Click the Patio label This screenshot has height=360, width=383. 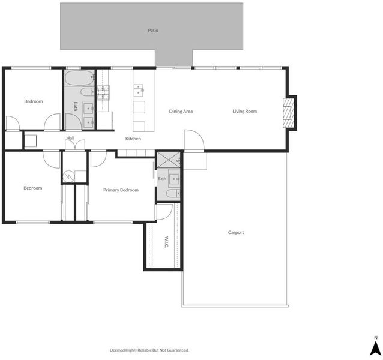coord(153,31)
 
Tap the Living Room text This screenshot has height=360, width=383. coord(244,111)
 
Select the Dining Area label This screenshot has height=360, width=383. coord(181,112)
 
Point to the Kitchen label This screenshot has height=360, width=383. coord(133,139)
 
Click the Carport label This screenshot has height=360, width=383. coord(236,232)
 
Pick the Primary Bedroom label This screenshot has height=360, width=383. coord(121,190)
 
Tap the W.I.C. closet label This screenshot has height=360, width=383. coord(166,242)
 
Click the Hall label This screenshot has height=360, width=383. coord(70,138)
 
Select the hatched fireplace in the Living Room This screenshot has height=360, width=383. coord(289,113)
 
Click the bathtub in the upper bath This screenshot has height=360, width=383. coord(80,78)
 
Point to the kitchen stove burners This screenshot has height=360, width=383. coord(103,92)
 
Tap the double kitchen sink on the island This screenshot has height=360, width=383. coord(139,90)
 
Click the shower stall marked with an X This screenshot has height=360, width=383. coord(168,160)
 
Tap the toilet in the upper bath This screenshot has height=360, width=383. coord(88,92)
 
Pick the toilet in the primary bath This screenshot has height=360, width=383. coord(173,194)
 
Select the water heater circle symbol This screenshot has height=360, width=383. coord(68,177)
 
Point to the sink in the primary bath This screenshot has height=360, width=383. coord(174,179)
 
